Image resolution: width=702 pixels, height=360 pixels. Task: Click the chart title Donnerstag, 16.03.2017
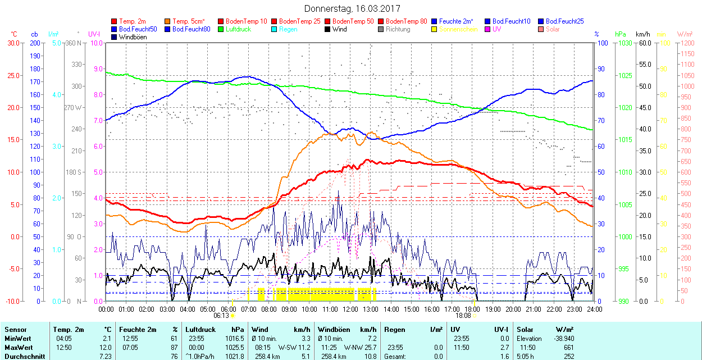coord(351,8)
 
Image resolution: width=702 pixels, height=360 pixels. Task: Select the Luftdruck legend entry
coord(239,29)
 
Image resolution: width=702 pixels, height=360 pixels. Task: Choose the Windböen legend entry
coord(132,37)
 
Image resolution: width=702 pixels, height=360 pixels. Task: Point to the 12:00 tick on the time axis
coord(350,309)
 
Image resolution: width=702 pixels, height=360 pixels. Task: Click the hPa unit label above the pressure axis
coord(621,34)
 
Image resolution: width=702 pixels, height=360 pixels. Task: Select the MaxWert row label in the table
coord(18,348)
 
